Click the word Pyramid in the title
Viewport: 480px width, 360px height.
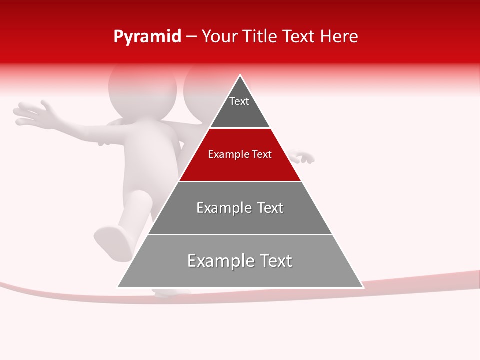[x=147, y=37]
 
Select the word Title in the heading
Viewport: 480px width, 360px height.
[x=261, y=37]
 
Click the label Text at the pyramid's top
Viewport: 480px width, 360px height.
[x=239, y=101]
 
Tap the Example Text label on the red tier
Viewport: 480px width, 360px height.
[x=240, y=154]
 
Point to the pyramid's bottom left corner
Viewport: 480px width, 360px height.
[x=118, y=287]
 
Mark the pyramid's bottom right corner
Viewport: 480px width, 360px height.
[x=362, y=287]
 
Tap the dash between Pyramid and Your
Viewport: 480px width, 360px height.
[x=191, y=37]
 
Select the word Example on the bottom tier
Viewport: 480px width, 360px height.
[x=217, y=261]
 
